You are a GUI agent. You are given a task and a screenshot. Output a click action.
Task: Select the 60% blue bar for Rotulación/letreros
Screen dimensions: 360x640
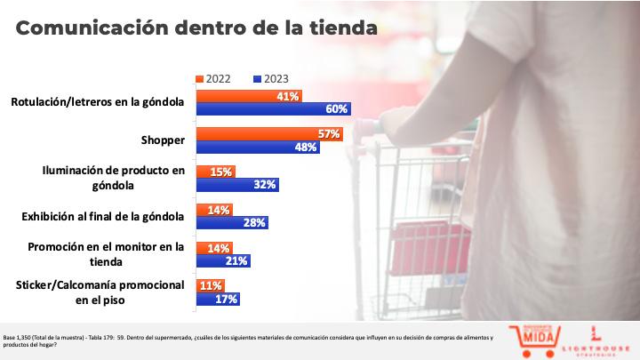[x=273, y=108]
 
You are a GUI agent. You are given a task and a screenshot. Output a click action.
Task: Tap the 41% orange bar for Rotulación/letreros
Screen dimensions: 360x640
[x=248, y=96]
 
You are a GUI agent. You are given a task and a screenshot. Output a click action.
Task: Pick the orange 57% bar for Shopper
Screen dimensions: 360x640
[x=268, y=134]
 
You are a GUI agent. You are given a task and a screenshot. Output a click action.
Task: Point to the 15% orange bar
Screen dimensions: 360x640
[x=216, y=172]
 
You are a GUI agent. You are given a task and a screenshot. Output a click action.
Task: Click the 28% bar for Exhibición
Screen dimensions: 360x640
[x=231, y=222]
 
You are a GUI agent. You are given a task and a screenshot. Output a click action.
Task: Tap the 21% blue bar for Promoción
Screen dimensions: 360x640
[x=222, y=260]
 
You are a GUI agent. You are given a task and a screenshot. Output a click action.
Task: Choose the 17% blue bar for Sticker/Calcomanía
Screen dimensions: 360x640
[x=217, y=299]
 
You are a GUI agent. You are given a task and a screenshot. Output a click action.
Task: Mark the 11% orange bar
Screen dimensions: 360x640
[x=210, y=286]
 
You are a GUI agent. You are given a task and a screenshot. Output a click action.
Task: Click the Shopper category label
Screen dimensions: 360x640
[x=162, y=140]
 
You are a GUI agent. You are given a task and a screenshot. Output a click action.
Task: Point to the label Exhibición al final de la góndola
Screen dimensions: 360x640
[x=101, y=216]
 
